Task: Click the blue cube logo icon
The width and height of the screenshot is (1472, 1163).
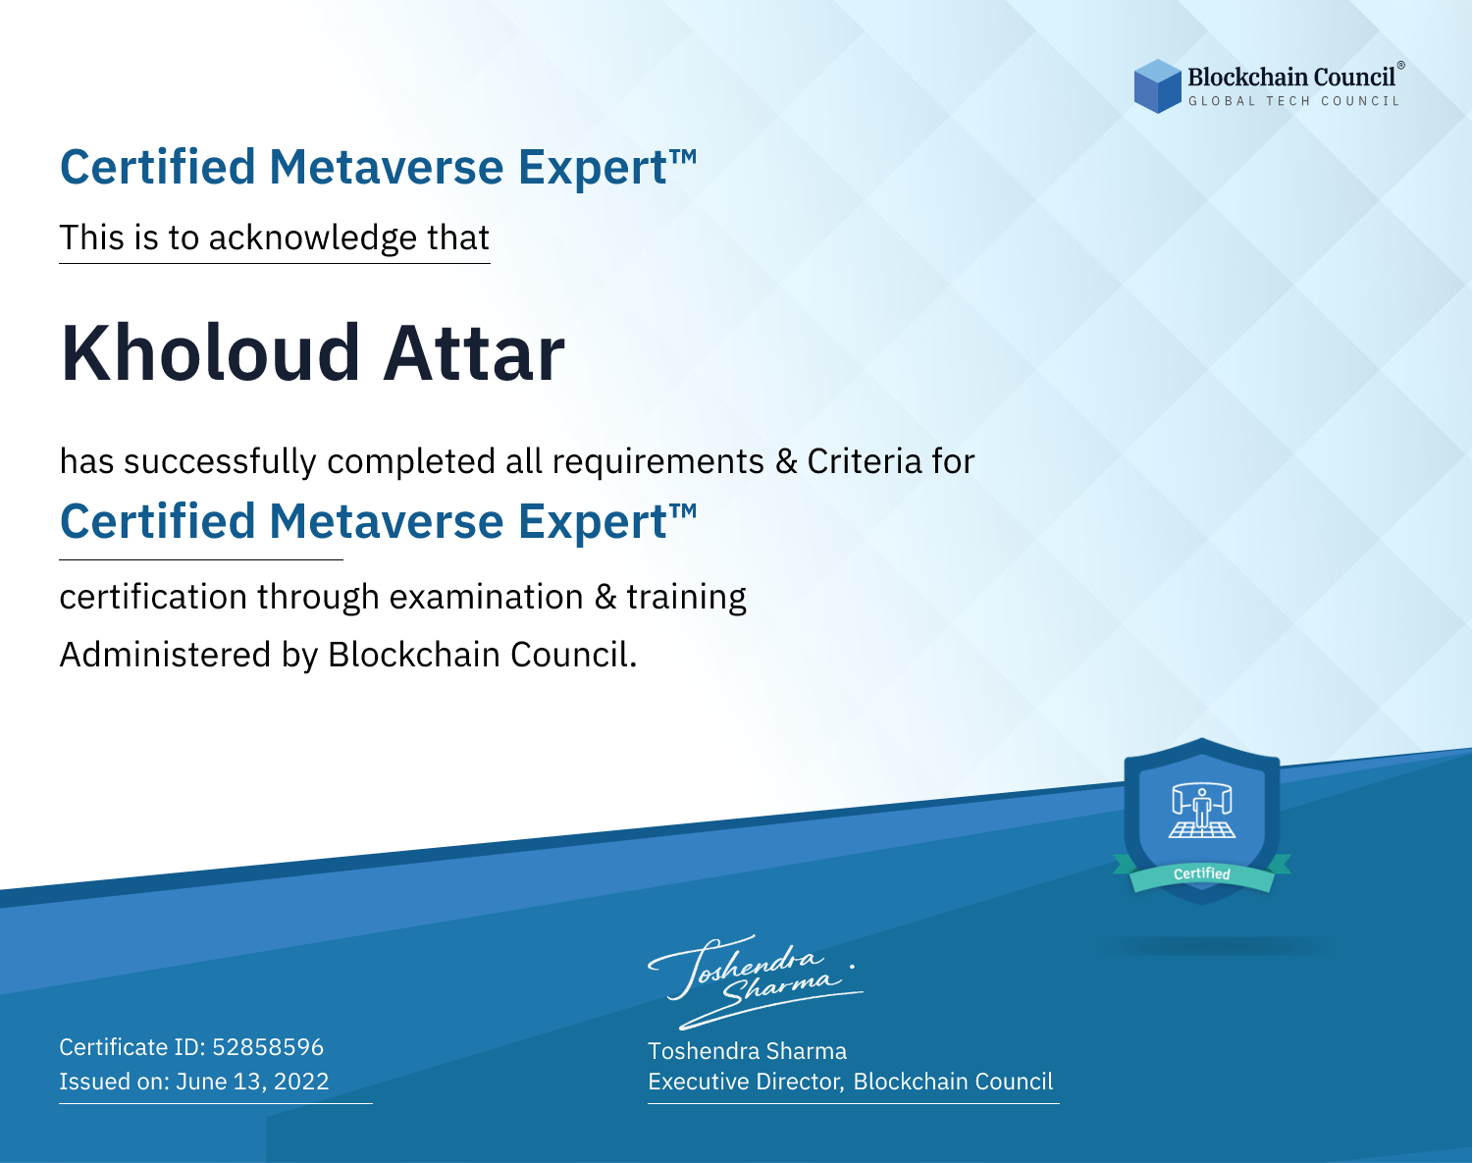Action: click(1157, 86)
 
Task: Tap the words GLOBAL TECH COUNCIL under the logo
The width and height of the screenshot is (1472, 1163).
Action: click(1294, 101)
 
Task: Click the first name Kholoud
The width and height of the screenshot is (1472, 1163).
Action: click(210, 353)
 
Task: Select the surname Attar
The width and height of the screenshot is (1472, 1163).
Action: click(474, 353)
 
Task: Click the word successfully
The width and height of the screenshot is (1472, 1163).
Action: click(220, 462)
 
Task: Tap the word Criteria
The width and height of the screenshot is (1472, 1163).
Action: click(865, 461)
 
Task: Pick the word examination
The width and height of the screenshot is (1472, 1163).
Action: click(487, 596)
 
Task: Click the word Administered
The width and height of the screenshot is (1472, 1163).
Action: click(166, 654)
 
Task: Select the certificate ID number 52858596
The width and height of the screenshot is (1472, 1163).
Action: click(268, 1046)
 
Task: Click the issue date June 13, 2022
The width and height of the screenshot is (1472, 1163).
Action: click(252, 1081)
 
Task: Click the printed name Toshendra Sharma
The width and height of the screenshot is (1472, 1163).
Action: click(748, 1051)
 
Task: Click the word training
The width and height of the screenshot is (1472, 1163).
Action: click(687, 598)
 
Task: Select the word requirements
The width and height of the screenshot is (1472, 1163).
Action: click(658, 462)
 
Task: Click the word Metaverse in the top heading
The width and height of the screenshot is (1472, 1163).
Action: click(387, 167)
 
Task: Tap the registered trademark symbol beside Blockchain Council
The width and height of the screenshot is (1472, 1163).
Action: click(1401, 66)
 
